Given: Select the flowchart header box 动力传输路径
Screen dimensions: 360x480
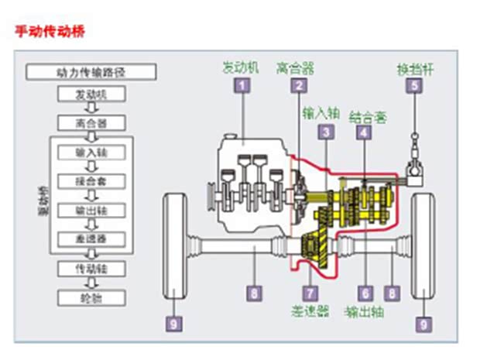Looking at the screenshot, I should (91, 73).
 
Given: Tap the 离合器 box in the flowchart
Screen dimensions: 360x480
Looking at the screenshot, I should (91, 123).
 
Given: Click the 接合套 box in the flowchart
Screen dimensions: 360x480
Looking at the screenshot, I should (91, 180).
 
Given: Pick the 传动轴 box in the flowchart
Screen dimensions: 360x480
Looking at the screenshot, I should (91, 268).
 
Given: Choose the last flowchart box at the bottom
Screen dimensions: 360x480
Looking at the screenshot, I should (91, 297).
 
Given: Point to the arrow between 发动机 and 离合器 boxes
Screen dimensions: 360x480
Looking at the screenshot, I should (91, 108).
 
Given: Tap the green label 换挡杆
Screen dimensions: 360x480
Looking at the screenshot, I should (416, 68).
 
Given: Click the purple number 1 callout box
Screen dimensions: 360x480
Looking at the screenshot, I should (243, 86).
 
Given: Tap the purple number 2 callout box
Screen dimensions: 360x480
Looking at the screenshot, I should (297, 86).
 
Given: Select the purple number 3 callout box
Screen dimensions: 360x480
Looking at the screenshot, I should (327, 132).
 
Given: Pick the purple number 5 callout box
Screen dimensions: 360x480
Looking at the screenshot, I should (416, 86).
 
